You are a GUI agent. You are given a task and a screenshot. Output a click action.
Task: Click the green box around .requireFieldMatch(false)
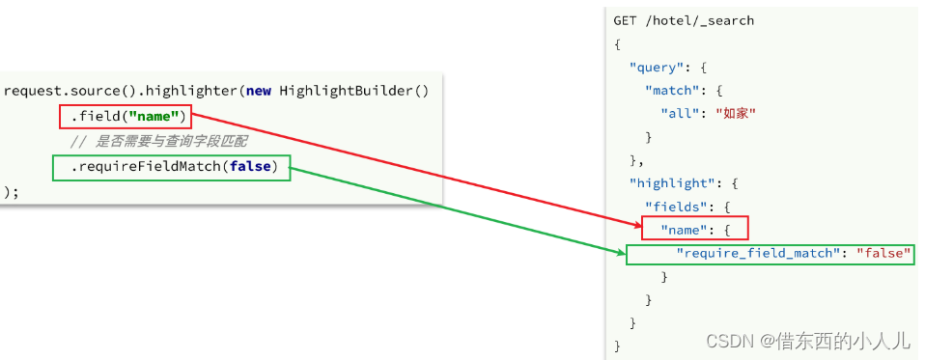(172, 168)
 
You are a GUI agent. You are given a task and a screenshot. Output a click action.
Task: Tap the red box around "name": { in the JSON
(694, 229)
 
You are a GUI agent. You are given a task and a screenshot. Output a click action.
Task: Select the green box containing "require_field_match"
(770, 254)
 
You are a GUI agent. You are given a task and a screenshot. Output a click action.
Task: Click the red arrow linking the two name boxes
(415, 170)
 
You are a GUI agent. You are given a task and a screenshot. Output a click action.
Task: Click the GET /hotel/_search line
(684, 20)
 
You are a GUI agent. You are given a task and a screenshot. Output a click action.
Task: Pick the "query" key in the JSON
(654, 67)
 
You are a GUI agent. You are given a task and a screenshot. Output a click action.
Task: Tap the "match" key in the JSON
(670, 90)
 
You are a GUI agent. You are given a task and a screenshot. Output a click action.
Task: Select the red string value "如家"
(735, 113)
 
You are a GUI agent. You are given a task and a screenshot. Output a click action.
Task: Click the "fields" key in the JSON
(674, 206)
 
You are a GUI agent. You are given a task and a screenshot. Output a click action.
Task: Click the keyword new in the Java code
(258, 92)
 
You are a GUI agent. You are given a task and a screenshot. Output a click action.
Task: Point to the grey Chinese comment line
(158, 143)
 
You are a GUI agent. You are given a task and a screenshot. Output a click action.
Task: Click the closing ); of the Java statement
(11, 192)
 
